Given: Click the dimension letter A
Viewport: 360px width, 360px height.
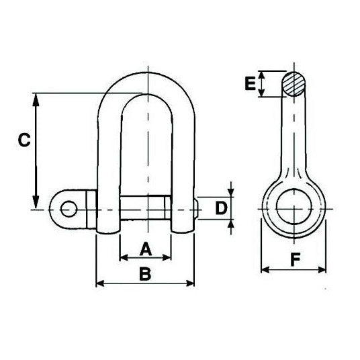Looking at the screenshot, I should tap(146, 249).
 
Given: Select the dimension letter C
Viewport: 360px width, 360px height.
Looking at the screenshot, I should tap(23, 141).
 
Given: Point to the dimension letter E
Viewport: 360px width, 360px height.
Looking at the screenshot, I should tap(251, 84).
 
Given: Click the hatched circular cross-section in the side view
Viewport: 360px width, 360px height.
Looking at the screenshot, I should tap(294, 85).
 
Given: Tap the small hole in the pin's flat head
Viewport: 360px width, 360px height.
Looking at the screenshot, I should tap(68, 210).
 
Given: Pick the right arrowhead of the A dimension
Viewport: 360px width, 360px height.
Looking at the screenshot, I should tap(168, 257).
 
